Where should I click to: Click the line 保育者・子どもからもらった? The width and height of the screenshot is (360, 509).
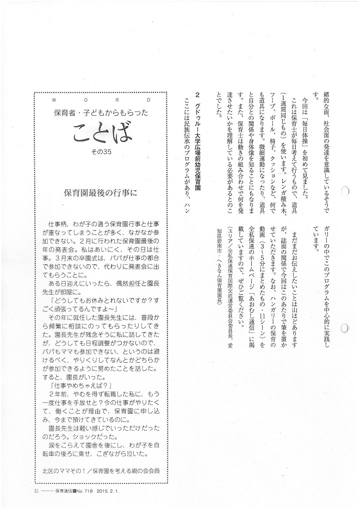coord(104,113)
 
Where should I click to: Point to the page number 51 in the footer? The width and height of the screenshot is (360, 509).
coord(20,490)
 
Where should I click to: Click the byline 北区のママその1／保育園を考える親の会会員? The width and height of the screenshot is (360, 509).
coord(103,468)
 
